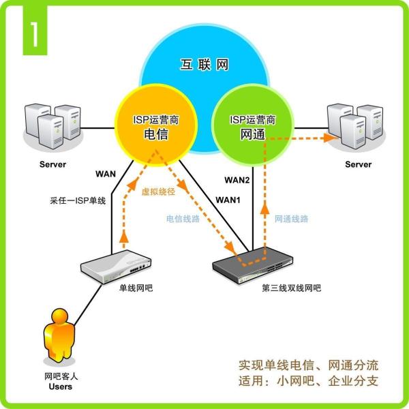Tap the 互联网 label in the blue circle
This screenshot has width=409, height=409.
(204, 65)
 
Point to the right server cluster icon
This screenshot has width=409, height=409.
(354, 127)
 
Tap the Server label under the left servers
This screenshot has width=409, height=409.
(52, 165)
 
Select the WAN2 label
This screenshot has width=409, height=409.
(238, 180)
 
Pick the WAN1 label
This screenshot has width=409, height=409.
(229, 200)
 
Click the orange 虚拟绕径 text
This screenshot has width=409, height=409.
(157, 193)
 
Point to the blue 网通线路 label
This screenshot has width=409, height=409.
(292, 219)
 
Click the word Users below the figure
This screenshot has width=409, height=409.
(60, 387)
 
